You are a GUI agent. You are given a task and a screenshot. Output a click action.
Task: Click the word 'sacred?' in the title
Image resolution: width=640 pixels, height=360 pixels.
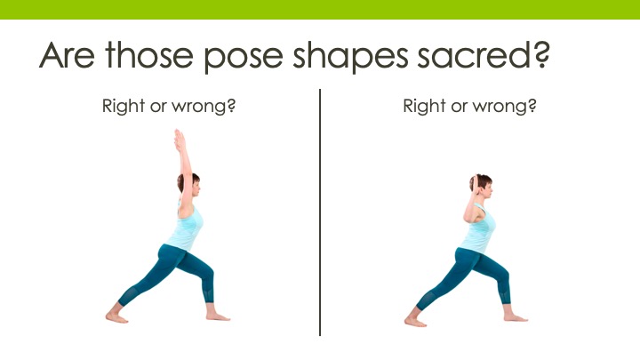(x=484, y=55)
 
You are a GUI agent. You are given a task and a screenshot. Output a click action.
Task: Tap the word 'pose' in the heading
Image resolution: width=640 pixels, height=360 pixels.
(x=244, y=58)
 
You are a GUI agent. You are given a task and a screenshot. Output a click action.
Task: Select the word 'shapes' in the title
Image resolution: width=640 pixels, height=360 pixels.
(x=350, y=57)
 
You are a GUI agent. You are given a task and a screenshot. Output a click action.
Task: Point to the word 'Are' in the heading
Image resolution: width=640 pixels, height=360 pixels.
(x=67, y=55)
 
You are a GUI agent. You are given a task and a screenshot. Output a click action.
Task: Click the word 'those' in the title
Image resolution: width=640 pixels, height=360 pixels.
(x=149, y=55)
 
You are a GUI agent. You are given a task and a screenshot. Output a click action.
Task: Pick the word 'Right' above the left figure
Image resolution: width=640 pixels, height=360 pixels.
(x=124, y=107)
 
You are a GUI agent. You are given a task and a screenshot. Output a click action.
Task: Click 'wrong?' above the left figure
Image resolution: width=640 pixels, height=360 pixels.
(x=204, y=108)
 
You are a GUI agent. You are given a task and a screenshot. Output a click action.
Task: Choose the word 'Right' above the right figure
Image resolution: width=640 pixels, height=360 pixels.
(x=424, y=107)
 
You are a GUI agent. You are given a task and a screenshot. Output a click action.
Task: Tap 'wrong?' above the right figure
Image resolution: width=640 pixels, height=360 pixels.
(x=505, y=108)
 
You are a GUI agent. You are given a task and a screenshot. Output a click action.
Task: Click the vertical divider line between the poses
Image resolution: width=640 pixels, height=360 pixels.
(x=320, y=212)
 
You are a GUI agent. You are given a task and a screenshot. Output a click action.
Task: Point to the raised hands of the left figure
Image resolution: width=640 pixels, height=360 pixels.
(x=180, y=140)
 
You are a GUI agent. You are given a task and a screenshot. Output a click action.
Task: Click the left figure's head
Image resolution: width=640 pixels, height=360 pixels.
(x=189, y=184)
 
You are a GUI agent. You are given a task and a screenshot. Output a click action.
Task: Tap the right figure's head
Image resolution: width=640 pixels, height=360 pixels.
(x=481, y=186)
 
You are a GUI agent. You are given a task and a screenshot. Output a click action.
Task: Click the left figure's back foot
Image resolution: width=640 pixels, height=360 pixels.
(x=116, y=317)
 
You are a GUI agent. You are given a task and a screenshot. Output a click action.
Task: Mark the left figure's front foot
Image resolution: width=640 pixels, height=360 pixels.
(x=218, y=316)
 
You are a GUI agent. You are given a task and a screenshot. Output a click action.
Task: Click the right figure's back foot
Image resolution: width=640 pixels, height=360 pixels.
(x=415, y=321)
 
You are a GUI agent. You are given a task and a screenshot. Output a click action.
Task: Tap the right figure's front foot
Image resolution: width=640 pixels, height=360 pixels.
(x=516, y=317)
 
